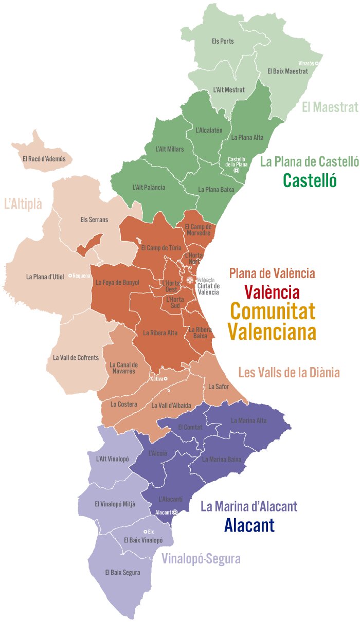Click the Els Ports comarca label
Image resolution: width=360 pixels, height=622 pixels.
point(223,41)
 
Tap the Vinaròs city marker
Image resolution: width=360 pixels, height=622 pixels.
point(317,63)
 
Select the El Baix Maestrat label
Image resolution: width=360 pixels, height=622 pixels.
point(287,71)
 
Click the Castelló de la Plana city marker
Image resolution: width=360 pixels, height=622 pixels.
point(237,171)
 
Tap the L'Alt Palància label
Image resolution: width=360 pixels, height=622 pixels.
point(149,187)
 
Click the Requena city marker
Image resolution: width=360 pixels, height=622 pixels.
point(70,276)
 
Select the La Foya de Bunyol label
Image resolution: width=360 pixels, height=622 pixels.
point(114,282)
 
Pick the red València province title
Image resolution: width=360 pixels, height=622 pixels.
point(272,292)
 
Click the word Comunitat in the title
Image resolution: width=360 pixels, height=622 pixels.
point(272,312)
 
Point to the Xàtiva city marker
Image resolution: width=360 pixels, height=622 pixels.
point(166,379)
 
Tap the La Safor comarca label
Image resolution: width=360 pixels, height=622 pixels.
point(218,386)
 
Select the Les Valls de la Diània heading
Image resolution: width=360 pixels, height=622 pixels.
point(289,372)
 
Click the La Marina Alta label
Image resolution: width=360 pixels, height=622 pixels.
point(249,420)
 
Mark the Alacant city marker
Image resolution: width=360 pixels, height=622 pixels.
point(175,512)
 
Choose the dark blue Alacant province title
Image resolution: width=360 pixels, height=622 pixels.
point(249,525)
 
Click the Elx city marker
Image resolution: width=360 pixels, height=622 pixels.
point(145,532)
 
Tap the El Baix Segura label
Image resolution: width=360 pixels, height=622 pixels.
point(122,572)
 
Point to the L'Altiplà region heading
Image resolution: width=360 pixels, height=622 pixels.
point(23,204)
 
